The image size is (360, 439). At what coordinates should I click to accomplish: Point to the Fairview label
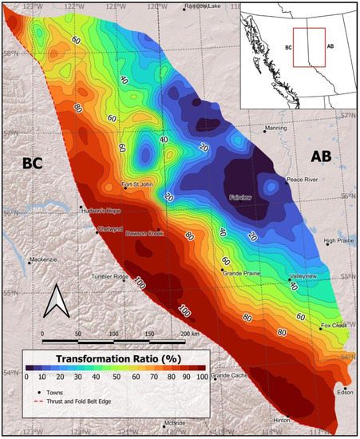coord(241,194)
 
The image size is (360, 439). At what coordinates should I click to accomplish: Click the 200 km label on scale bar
coord(188,332)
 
